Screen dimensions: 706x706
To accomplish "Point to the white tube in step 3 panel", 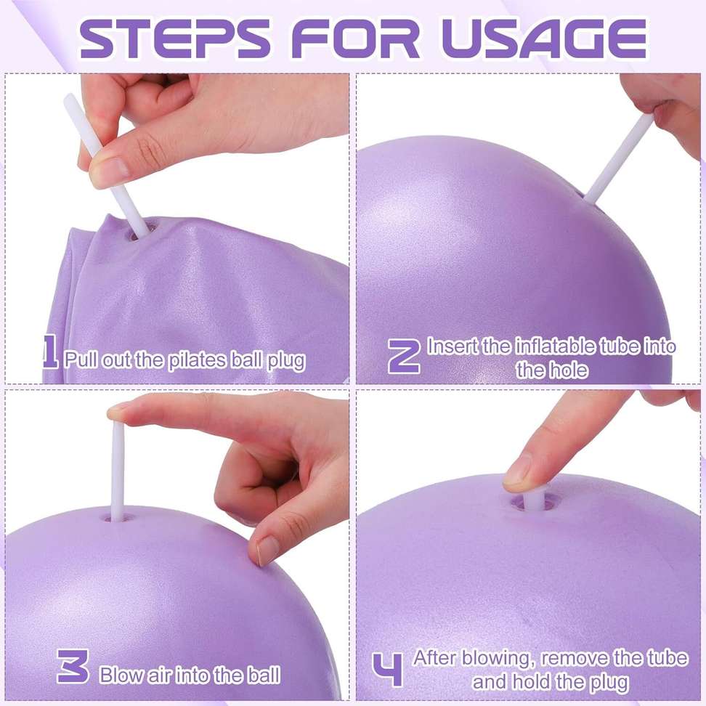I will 117,464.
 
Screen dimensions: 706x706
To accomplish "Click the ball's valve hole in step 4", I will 535,501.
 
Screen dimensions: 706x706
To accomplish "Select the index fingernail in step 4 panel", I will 518,471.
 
